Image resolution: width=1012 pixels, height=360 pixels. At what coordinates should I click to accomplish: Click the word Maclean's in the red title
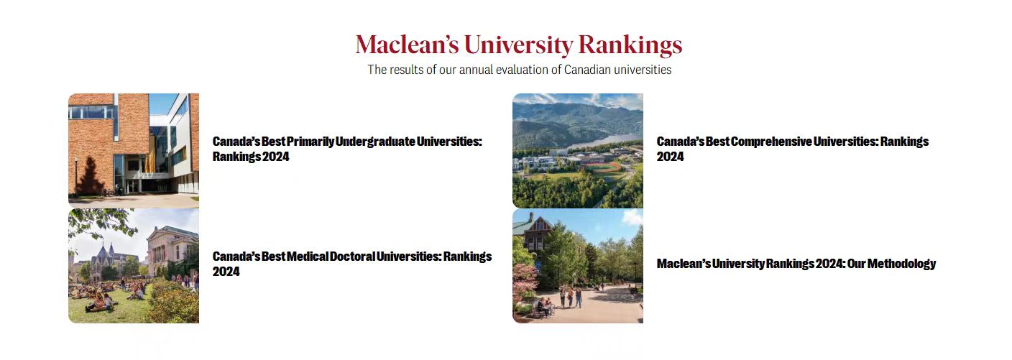coord(407,45)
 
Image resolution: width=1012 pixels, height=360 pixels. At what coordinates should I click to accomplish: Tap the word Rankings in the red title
coord(630,45)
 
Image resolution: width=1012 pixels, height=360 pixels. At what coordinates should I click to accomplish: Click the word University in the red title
coord(519,45)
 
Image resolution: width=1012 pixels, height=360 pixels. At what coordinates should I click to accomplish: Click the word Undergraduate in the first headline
coord(375,142)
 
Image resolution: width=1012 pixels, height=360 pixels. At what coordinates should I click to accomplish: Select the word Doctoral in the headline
coord(352,257)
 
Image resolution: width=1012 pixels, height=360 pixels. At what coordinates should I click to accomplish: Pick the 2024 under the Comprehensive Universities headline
coord(670,157)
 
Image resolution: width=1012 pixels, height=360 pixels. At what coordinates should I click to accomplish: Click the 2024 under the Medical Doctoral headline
coord(226,272)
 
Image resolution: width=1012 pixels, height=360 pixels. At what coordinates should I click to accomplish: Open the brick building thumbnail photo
coord(134,151)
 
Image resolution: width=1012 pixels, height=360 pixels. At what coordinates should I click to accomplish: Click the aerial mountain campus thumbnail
coord(578,151)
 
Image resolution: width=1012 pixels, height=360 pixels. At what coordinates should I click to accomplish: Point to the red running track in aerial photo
coord(602,167)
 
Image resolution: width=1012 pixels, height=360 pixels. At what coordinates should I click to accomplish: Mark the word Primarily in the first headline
coord(310,142)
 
